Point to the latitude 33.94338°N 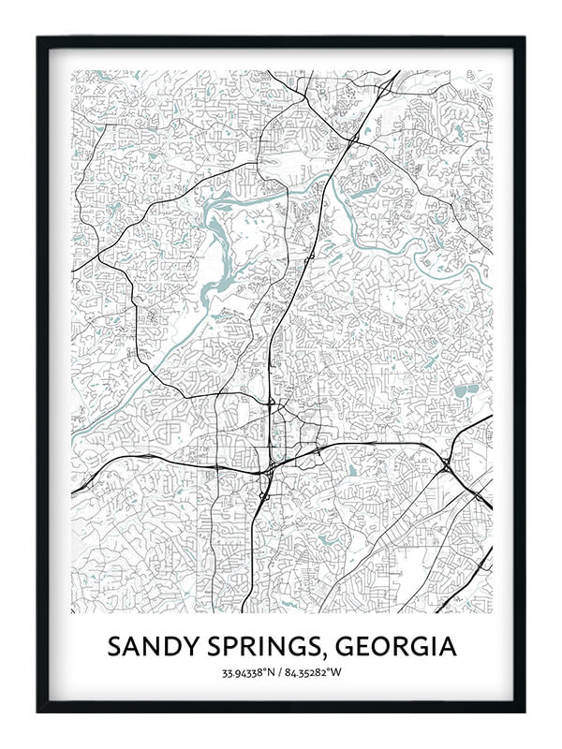pos(249,673)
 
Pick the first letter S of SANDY pos(114,647)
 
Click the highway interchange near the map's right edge pos(446,463)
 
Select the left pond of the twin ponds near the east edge pos(459,391)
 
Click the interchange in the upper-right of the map pos(352,140)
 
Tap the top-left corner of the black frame pos(38,38)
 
